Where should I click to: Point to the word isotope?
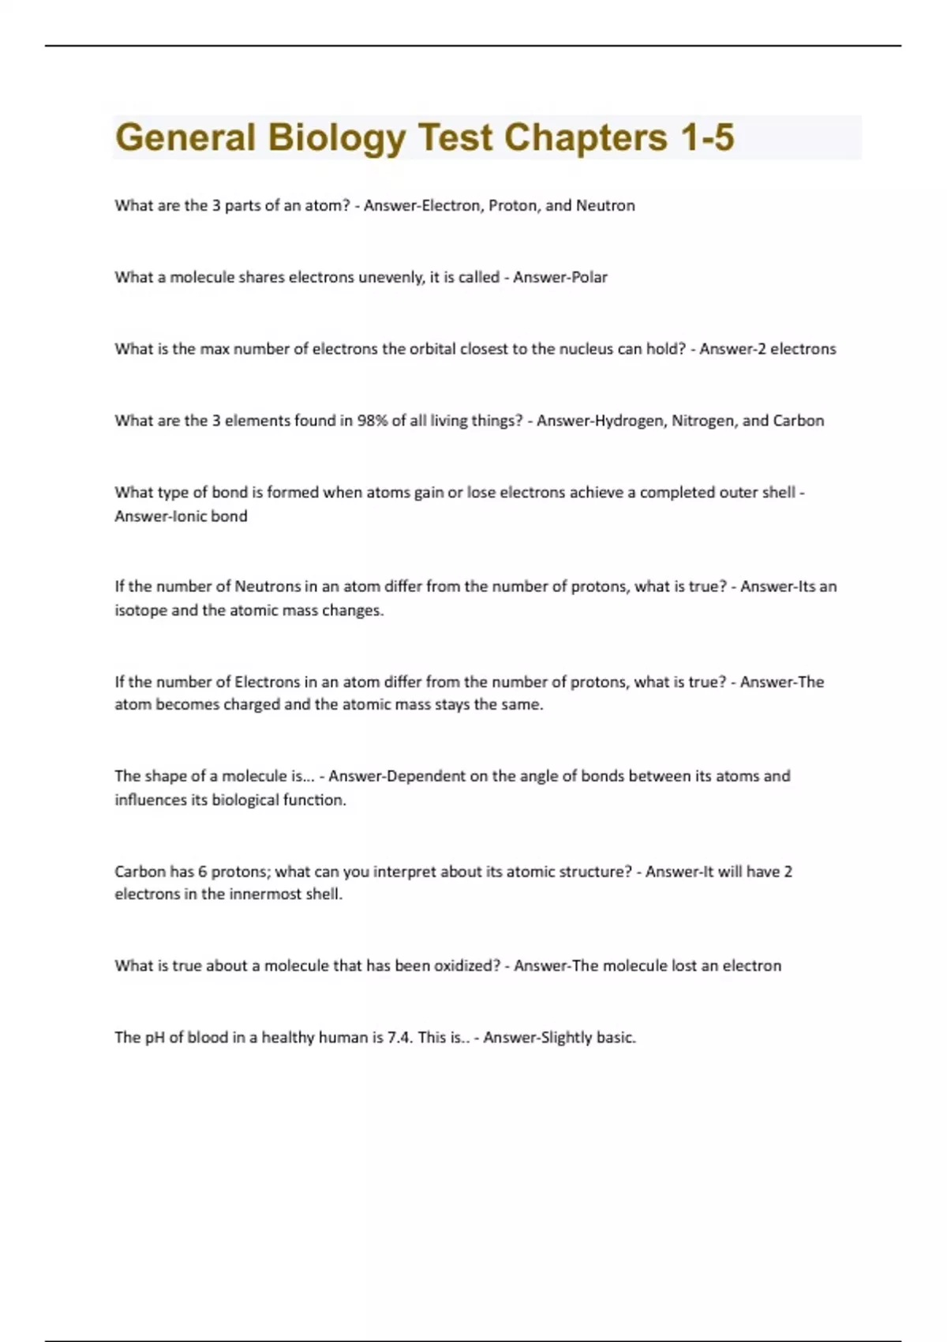pyautogui.click(x=140, y=610)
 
